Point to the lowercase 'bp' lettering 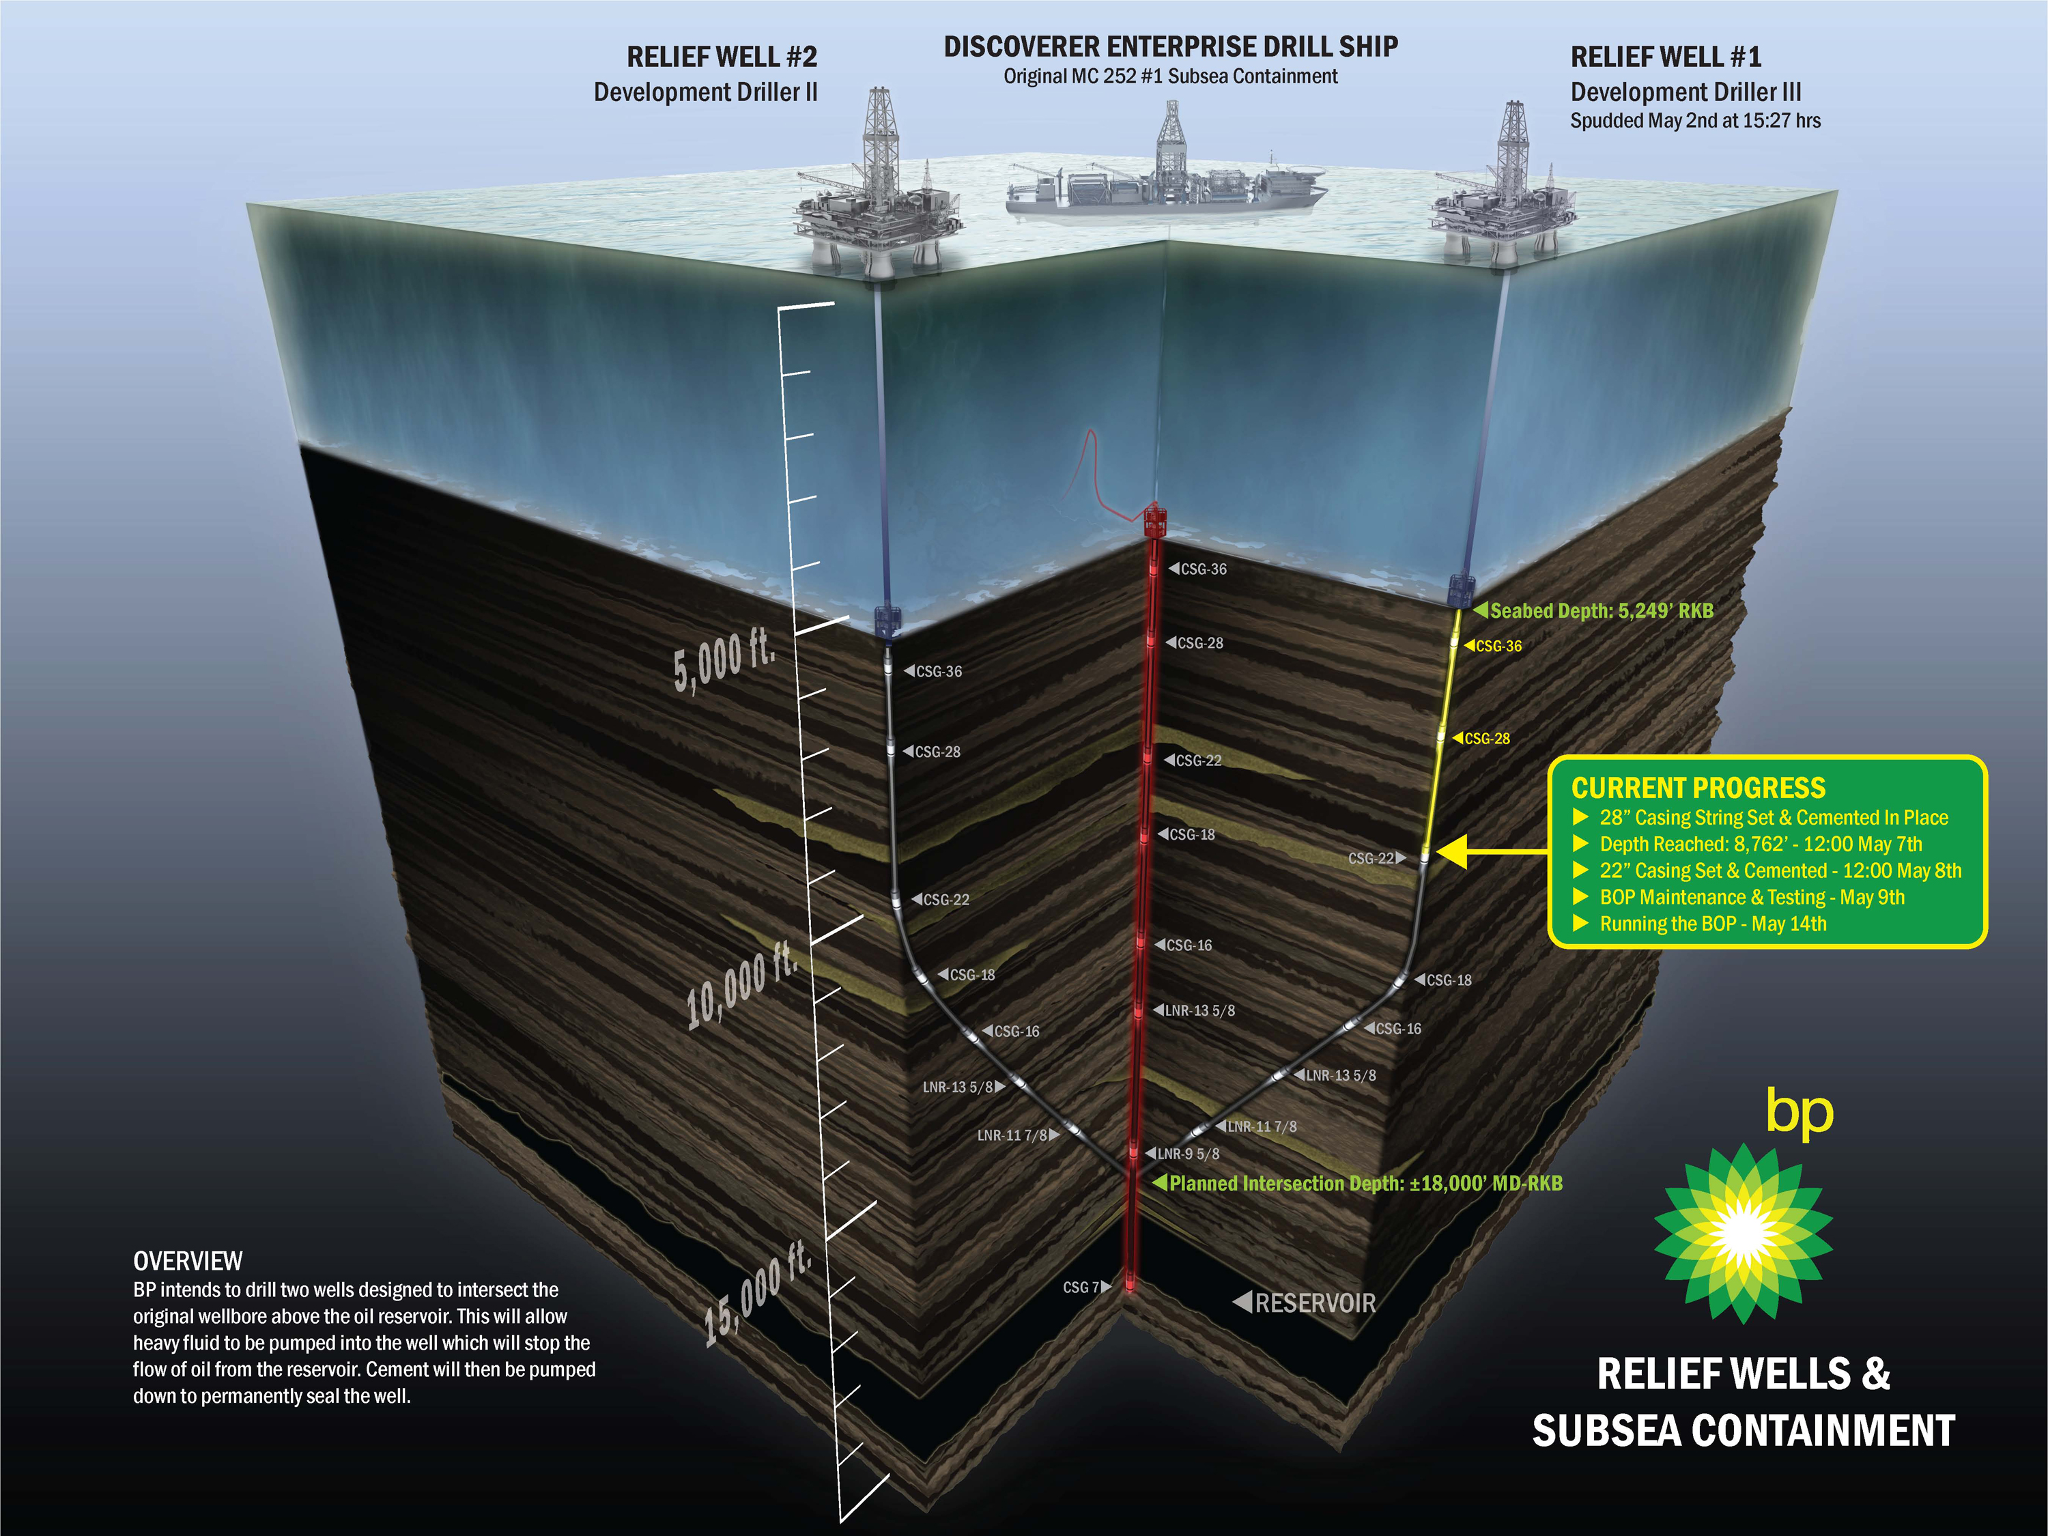pyautogui.click(x=1799, y=1110)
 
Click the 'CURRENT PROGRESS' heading pyautogui.click(x=1698, y=788)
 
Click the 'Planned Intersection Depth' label pyautogui.click(x=1365, y=1183)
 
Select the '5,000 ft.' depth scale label pyautogui.click(x=724, y=662)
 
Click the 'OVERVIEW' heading pyautogui.click(x=188, y=1261)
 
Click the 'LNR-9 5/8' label pyautogui.click(x=1188, y=1154)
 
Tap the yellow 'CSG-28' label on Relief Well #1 pyautogui.click(x=1487, y=739)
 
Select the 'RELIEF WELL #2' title pyautogui.click(x=722, y=57)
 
